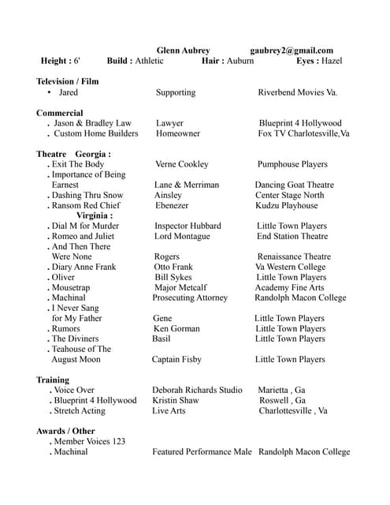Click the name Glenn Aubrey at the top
tap(183, 50)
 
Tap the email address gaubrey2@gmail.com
tap(292, 50)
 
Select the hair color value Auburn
tap(240, 61)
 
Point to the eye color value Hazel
tap(331, 61)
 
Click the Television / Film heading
tap(68, 81)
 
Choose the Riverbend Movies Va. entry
tap(297, 92)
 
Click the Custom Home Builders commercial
tap(95, 134)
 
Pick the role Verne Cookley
tap(182, 164)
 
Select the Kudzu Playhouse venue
tap(287, 205)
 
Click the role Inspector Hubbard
tap(188, 226)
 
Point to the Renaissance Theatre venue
tap(293, 256)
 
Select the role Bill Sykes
tap(173, 278)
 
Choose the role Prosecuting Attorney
tap(190, 298)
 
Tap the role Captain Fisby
tap(176, 360)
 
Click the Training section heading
tap(53, 380)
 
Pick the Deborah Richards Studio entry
tap(197, 390)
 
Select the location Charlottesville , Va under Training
tap(293, 411)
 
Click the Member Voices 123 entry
tap(89, 441)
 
